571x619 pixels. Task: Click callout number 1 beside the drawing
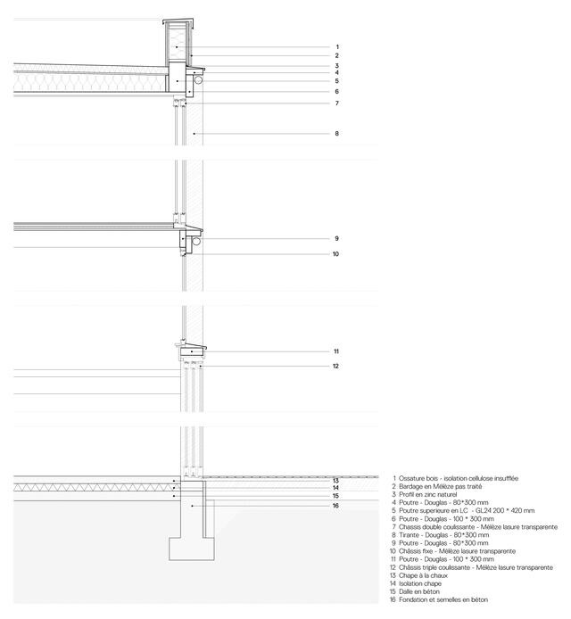coord(337,46)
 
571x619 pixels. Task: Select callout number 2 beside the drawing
coord(337,56)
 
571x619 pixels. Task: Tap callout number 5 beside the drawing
coord(337,81)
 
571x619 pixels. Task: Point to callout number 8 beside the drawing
coord(337,134)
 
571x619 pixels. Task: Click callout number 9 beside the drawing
coord(337,239)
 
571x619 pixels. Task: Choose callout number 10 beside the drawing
coord(337,254)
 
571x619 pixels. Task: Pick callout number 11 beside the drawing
coord(337,351)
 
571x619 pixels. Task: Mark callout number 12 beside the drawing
coord(337,366)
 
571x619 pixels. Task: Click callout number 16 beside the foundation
coord(337,506)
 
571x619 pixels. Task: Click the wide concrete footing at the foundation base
coord(192,549)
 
